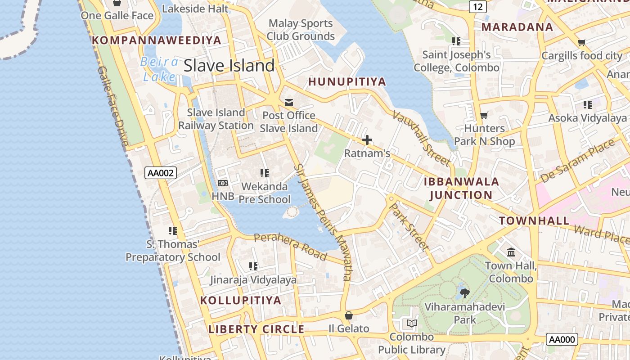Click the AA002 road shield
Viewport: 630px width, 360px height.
click(161, 173)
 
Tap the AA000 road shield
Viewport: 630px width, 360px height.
click(562, 339)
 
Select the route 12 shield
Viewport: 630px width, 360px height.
click(477, 6)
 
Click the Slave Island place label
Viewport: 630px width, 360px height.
click(229, 66)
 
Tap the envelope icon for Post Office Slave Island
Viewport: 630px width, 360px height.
click(288, 103)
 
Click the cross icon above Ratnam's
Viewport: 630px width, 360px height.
click(367, 140)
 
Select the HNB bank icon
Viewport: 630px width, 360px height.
click(223, 183)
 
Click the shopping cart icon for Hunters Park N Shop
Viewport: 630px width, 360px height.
click(484, 116)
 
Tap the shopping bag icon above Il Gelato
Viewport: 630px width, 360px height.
click(348, 315)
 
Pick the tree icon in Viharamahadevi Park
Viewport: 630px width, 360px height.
click(465, 293)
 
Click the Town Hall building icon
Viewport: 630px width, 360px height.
click(511, 252)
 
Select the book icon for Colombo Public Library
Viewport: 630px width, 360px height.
click(411, 323)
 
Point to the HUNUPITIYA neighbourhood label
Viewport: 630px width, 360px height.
click(347, 82)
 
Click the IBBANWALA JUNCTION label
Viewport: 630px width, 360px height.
click(461, 189)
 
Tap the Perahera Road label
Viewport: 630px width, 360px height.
click(290, 247)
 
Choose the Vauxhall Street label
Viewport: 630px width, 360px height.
click(421, 137)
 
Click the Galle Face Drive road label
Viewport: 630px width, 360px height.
click(113, 106)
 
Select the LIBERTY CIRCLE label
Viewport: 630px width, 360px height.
click(256, 329)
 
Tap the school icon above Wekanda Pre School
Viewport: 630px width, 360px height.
click(265, 173)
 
